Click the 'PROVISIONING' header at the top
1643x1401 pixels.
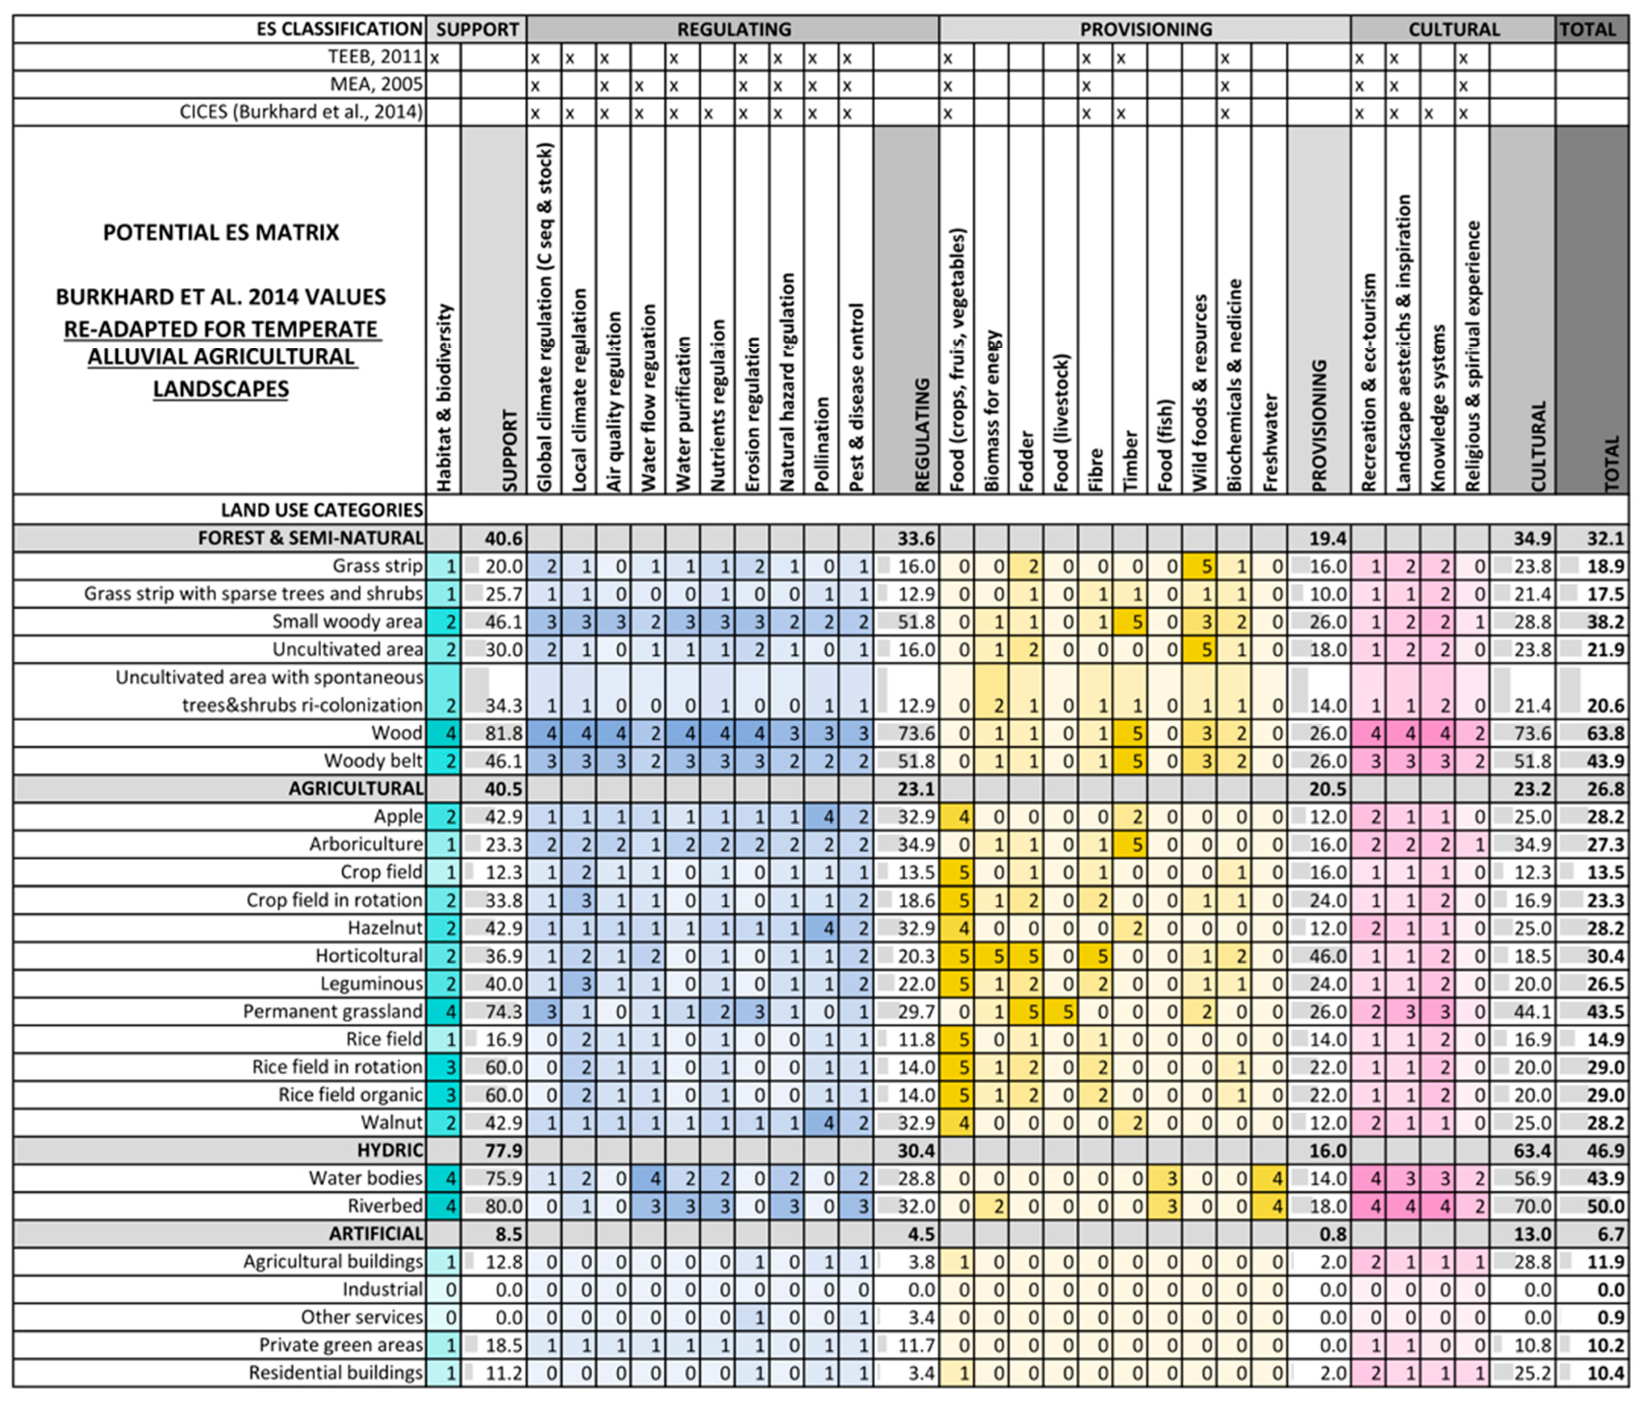(x=1146, y=29)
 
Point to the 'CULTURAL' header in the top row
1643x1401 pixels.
(x=1453, y=29)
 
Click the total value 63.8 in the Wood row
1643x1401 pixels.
(x=1605, y=734)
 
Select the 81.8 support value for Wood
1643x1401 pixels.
(x=503, y=734)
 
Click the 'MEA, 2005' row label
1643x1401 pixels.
(x=376, y=84)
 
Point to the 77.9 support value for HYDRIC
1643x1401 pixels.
(x=503, y=1150)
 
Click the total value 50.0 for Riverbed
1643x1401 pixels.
(x=1605, y=1206)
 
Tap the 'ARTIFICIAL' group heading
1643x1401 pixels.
(x=376, y=1234)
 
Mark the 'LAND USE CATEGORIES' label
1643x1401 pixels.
(x=322, y=510)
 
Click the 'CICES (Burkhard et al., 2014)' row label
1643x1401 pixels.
(x=301, y=112)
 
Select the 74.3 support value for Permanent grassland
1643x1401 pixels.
(x=503, y=1012)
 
